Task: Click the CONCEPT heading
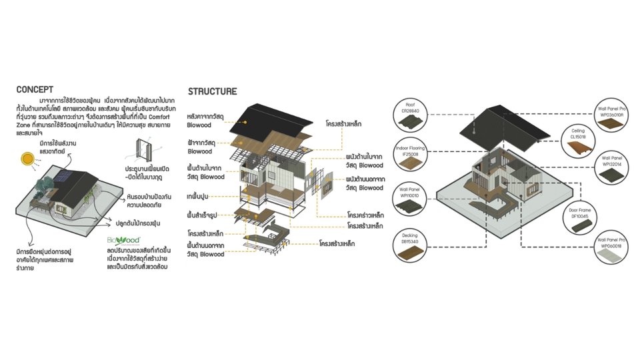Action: point(35,89)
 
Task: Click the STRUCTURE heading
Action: point(212,91)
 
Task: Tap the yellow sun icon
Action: point(28,159)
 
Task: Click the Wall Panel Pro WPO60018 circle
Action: point(611,252)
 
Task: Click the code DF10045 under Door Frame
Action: point(579,216)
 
